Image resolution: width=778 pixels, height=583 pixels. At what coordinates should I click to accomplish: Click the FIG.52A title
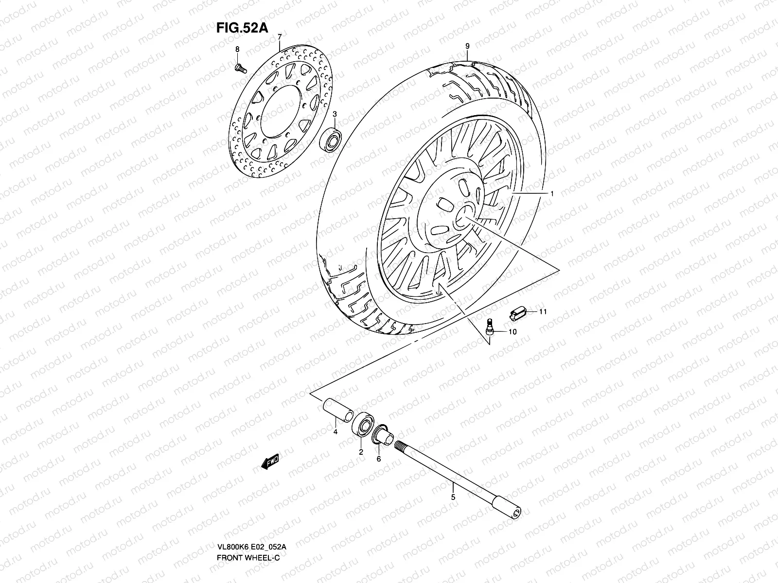(242, 28)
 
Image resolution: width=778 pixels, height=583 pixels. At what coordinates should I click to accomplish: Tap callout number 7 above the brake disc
(280, 38)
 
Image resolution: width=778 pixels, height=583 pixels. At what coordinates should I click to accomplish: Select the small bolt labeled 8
(239, 68)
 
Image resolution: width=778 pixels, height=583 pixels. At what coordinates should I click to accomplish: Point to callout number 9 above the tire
(467, 47)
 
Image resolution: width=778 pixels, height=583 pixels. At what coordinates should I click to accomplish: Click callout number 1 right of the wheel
(552, 193)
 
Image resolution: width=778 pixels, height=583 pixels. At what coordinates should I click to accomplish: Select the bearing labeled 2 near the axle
(362, 425)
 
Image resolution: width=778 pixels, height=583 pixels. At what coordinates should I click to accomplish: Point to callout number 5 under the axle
(453, 497)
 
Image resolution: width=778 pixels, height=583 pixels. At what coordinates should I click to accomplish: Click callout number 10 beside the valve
(513, 332)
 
